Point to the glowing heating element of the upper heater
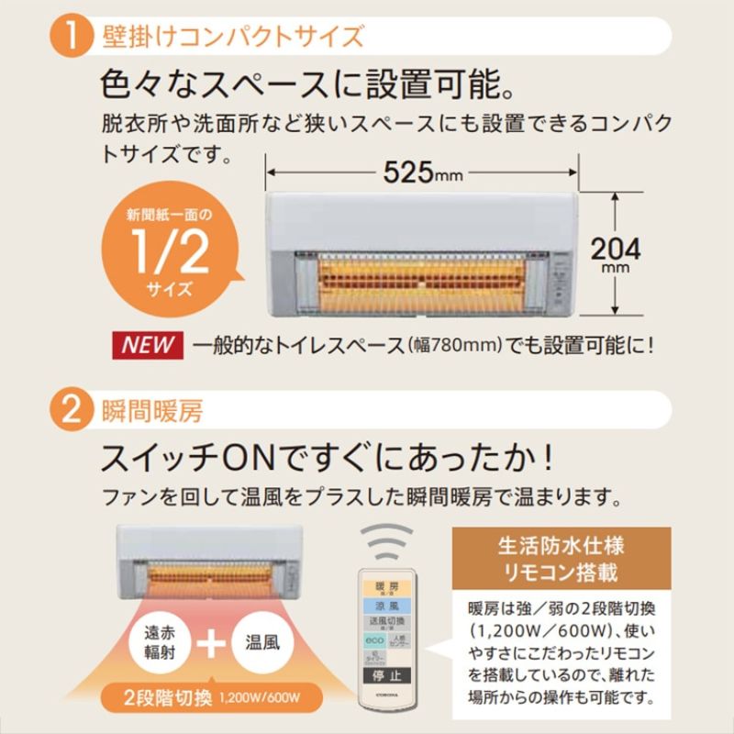[421, 272]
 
